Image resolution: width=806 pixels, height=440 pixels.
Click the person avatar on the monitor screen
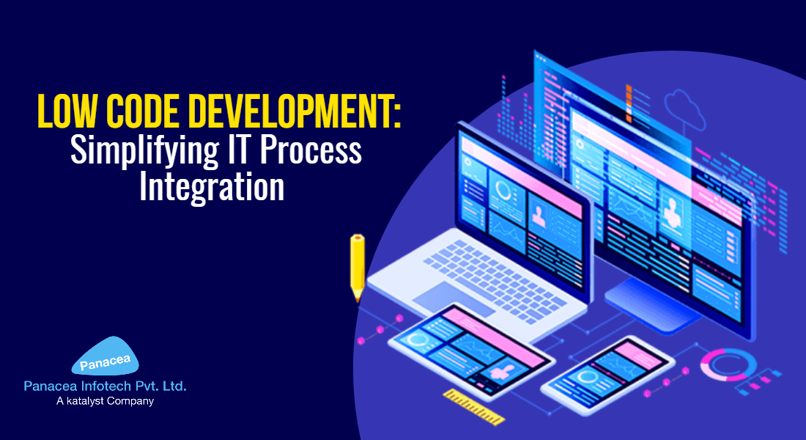[671, 212]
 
